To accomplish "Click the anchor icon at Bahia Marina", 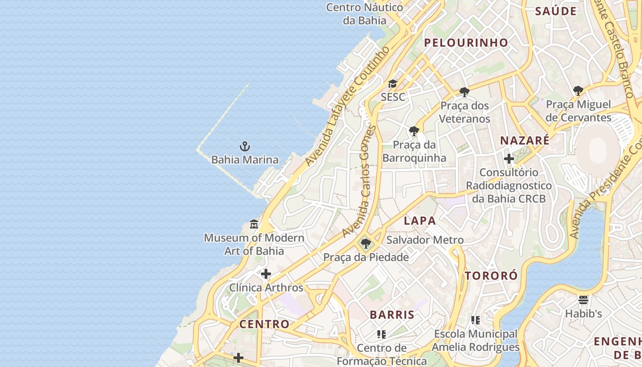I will click(245, 147).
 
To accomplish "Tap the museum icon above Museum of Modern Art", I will click(254, 224).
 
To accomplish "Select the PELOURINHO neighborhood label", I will click(466, 43).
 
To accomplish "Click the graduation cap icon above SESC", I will click(393, 84).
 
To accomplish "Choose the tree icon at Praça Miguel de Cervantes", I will click(578, 91).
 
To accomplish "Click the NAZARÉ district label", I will click(525, 141).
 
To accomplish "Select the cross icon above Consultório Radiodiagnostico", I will click(509, 159).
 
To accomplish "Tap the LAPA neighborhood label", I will click(420, 221).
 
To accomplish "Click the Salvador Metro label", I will click(425, 240).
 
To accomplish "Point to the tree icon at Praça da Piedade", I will click(365, 244).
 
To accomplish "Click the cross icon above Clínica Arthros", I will click(266, 274).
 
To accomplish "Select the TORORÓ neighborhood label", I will click(491, 276).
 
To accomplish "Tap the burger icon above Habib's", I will click(583, 300).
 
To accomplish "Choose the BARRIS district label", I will click(392, 315).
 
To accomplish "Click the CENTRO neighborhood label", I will click(264, 324).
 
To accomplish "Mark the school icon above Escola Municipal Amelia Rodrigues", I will click(476, 320).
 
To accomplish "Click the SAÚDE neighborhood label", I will click(556, 11).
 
